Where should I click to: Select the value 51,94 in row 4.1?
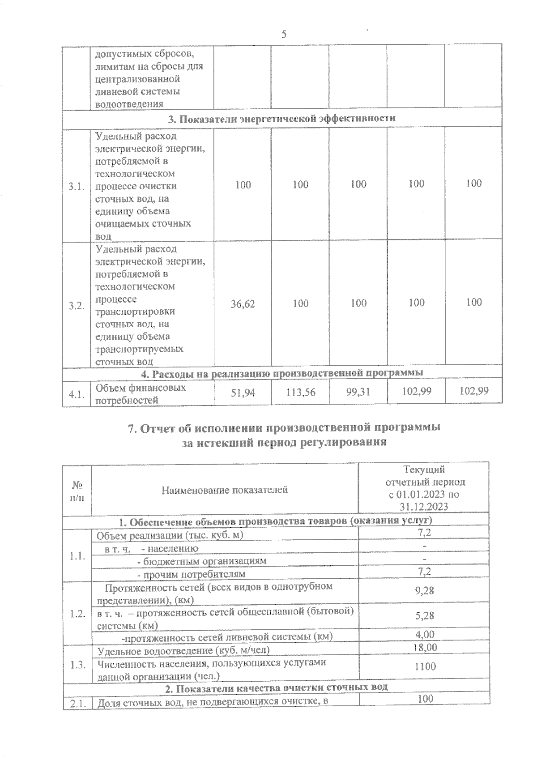click(x=243, y=393)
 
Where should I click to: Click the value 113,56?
click(x=300, y=393)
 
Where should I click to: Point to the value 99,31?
click(x=358, y=392)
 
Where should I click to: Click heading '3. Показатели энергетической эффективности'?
click(x=281, y=119)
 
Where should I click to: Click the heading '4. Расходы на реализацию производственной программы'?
click(x=282, y=373)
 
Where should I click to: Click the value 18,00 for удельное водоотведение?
click(x=425, y=647)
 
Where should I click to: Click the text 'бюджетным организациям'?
click(x=204, y=561)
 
